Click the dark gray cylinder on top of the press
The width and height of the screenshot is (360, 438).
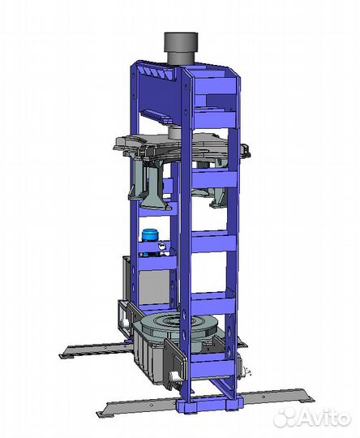(x=181, y=49)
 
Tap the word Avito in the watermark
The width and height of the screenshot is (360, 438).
(x=322, y=418)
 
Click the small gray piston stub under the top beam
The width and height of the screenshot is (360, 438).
(x=175, y=133)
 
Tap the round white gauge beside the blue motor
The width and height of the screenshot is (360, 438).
(x=161, y=247)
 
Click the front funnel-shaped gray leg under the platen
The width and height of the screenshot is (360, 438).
(x=156, y=190)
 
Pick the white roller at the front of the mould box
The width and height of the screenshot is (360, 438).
(x=174, y=376)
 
